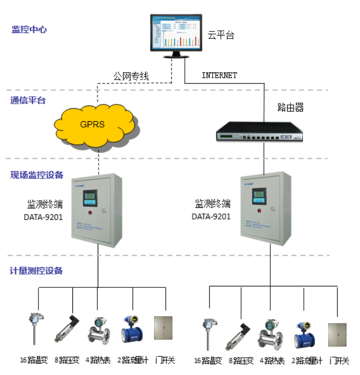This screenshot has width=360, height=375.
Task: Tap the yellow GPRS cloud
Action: pyautogui.click(x=95, y=124)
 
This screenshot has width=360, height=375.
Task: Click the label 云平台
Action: pyautogui.click(x=221, y=35)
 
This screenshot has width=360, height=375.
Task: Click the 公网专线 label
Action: pyautogui.click(x=131, y=76)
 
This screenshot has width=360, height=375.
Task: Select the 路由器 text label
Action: pyautogui.click(x=291, y=107)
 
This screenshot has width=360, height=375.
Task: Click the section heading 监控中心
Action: pyautogui.click(x=29, y=29)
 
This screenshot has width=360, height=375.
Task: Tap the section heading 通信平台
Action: pyautogui.click(x=28, y=100)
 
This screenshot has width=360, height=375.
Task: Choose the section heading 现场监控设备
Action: pyautogui.click(x=37, y=175)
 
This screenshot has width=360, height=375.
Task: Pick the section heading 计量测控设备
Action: pyautogui.click(x=36, y=271)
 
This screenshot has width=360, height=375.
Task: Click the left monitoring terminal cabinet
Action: pyautogui.click(x=97, y=210)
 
